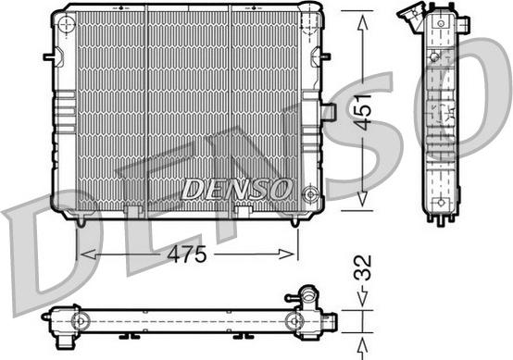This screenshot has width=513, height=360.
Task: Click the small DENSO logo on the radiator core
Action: [x=236, y=188]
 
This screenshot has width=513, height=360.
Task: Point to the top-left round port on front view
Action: [x=66, y=27]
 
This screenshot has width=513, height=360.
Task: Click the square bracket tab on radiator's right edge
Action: [x=326, y=113]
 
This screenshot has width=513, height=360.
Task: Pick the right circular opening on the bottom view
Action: [x=295, y=321]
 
